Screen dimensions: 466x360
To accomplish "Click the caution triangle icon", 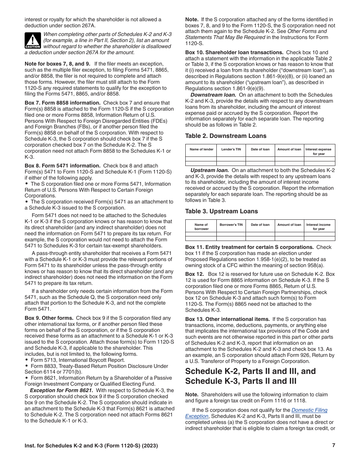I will click(33, 40).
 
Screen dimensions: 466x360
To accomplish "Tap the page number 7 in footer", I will click(333, 446).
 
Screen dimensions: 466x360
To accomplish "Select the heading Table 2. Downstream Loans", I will click(225, 136).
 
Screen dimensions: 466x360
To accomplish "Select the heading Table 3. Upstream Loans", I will click(221, 211).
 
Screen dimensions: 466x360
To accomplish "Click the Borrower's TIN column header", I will click(231, 225).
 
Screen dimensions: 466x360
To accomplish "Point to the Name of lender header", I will click(201, 149).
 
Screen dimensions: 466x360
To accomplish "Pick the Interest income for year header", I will click(318, 227).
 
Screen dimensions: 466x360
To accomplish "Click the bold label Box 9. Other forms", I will click(49, 318).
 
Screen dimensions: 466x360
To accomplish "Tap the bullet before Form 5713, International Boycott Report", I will click(26, 360).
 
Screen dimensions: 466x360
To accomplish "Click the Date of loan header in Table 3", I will click(260, 225).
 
